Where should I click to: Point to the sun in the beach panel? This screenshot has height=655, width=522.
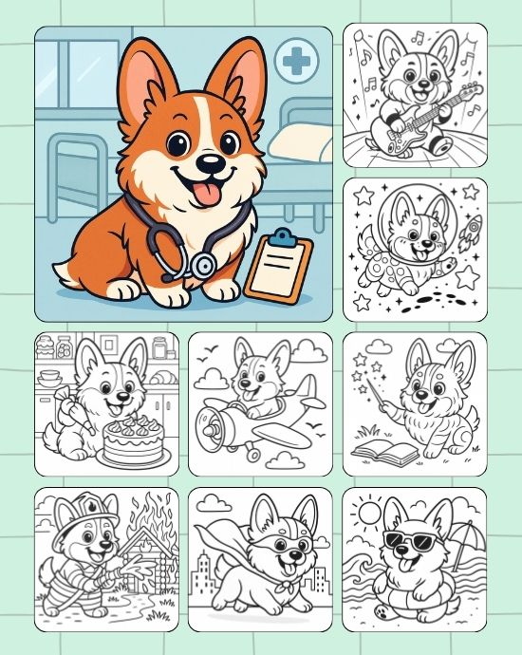pos(365,514)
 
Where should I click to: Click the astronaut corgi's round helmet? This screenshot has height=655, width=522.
pos(410,226)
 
